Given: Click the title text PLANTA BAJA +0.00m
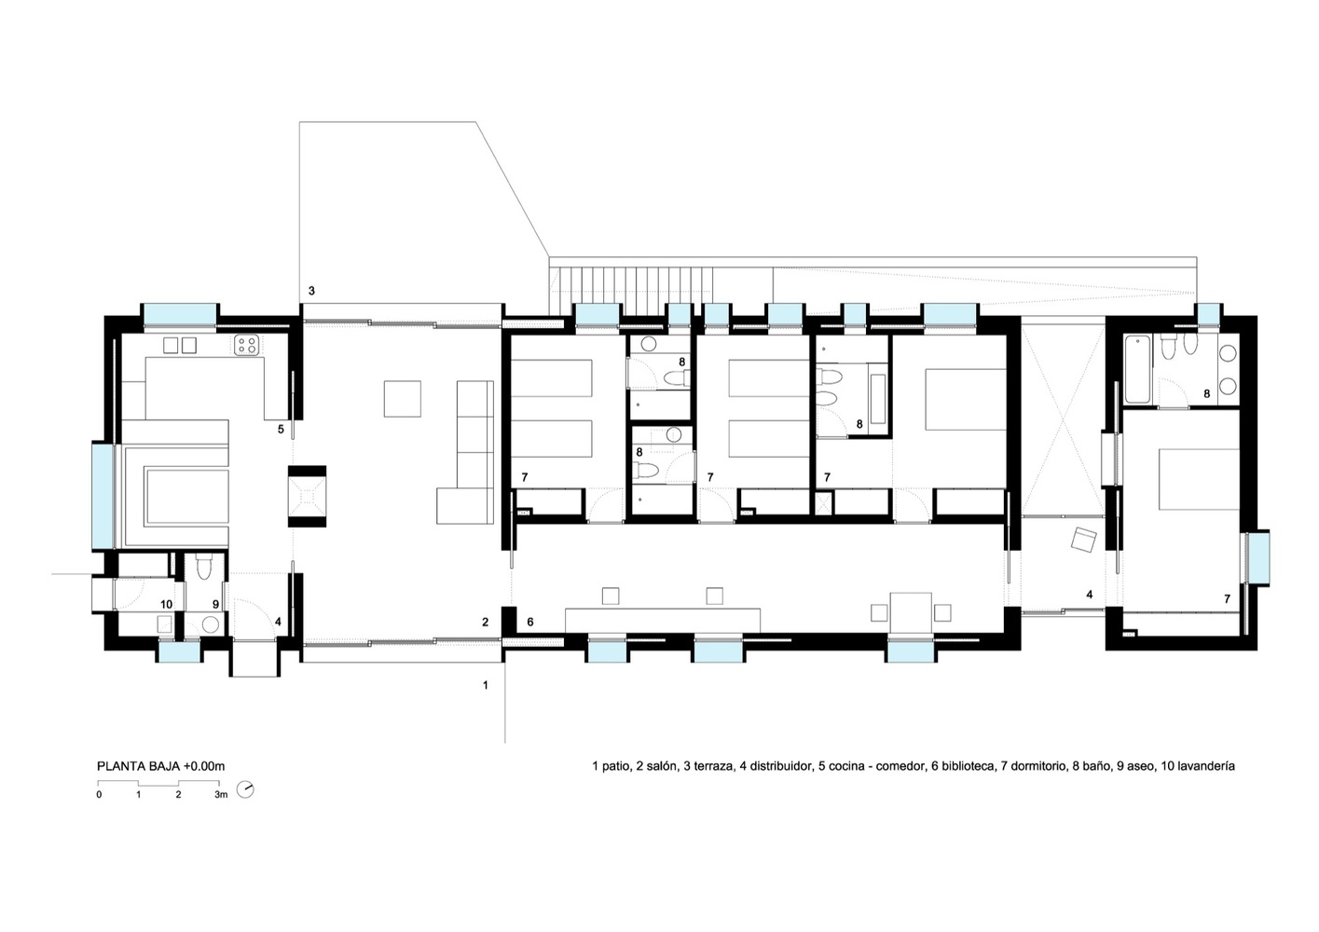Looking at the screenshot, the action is (x=160, y=766).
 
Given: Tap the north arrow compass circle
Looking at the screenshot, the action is (x=245, y=789).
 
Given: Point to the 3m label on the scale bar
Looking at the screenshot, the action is (x=221, y=794).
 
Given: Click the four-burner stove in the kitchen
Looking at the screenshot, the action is (x=245, y=346).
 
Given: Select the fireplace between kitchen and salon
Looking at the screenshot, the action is (x=307, y=496).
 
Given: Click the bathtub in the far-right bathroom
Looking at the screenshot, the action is (x=1137, y=369).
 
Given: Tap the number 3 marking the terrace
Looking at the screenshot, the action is (x=312, y=290).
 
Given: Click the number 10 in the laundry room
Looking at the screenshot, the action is (x=167, y=604).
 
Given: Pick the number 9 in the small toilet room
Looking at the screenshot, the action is (x=215, y=604).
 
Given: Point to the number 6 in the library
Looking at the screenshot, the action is (x=530, y=622).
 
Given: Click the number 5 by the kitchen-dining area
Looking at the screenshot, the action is (x=281, y=430).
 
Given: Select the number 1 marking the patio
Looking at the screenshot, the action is (x=486, y=685).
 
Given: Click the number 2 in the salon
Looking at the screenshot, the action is (x=486, y=622).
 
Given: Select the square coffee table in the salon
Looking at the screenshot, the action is (x=402, y=399).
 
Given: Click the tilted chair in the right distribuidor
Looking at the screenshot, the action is (x=1083, y=540).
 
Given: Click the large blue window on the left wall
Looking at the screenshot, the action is (x=103, y=496).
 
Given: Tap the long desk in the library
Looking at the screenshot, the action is (x=663, y=621).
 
